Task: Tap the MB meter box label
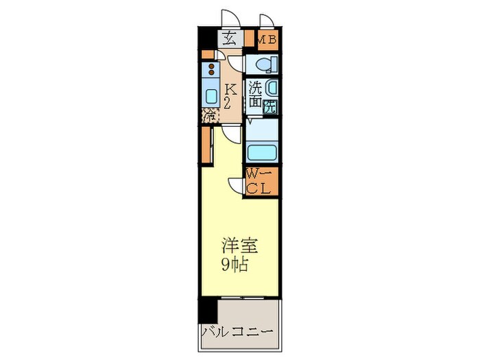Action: (267, 40)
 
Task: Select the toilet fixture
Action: (263, 64)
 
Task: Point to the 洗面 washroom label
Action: (254, 95)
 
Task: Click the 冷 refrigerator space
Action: (208, 115)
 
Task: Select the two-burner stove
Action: (210, 69)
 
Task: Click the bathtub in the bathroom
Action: (261, 152)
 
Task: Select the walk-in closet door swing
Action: (237, 186)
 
